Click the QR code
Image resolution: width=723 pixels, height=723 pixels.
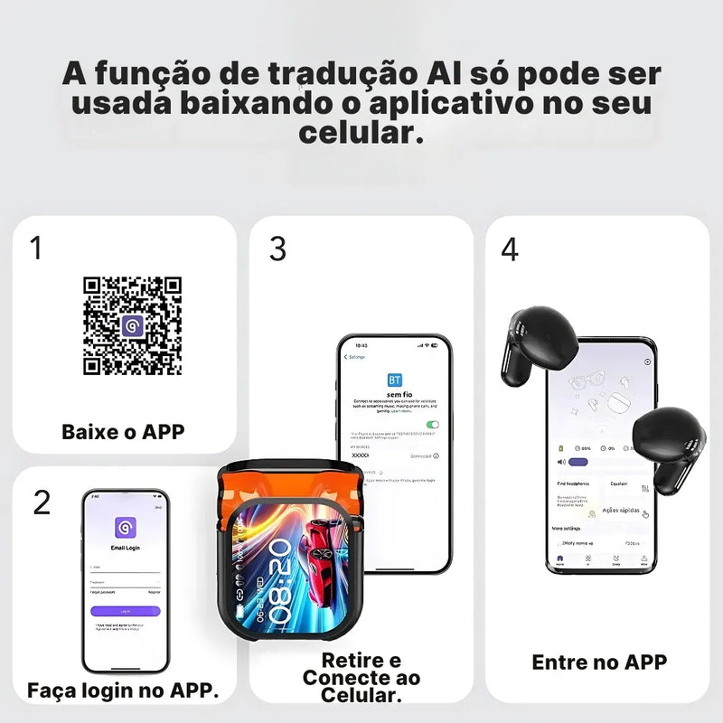(x=132, y=326)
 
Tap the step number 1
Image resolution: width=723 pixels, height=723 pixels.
(x=36, y=249)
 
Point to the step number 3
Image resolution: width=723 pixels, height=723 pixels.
(x=277, y=249)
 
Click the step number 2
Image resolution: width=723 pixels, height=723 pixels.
(x=42, y=502)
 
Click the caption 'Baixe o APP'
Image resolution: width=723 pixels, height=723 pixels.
(x=123, y=431)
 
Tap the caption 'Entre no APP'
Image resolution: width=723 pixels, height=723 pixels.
(x=599, y=662)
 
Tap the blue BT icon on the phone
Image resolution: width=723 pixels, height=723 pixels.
(x=395, y=380)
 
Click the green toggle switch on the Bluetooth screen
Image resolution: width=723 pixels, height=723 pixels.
(x=433, y=424)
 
